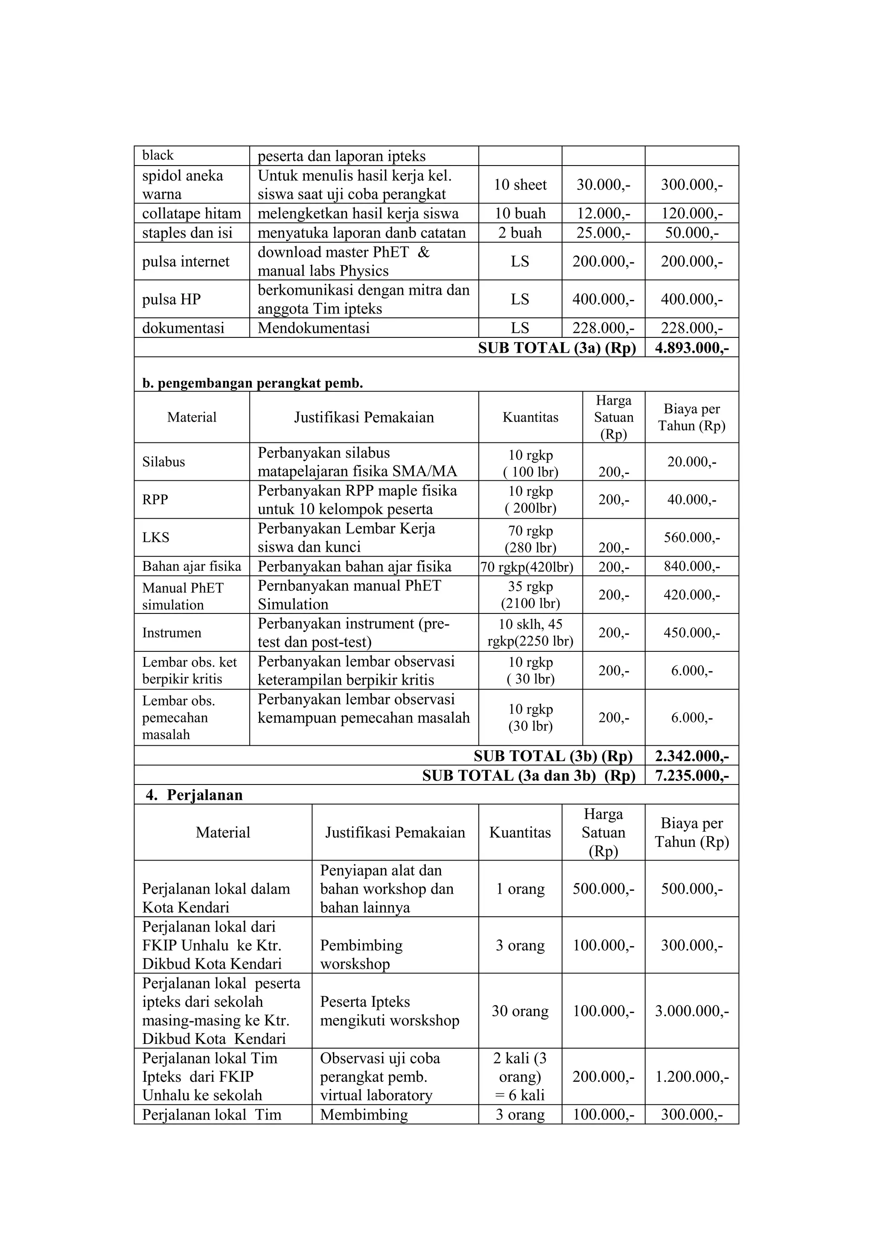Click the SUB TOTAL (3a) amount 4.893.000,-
point(691,348)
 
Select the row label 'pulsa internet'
point(186,262)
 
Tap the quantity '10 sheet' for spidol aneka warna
point(520,184)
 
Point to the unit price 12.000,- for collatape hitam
point(603,214)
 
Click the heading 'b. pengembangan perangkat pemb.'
point(252,383)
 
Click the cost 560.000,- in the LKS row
point(691,538)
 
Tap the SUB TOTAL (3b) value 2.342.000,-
point(691,756)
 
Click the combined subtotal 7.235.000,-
point(691,775)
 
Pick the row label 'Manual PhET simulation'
point(183,596)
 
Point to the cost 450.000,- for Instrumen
point(691,633)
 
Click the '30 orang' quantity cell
point(520,1011)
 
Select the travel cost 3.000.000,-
point(691,1011)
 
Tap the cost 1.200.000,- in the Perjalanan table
point(691,1076)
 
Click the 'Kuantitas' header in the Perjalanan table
point(520,832)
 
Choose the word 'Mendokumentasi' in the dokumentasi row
point(313,328)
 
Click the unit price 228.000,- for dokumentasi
point(603,328)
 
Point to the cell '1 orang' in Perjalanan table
point(520,889)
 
